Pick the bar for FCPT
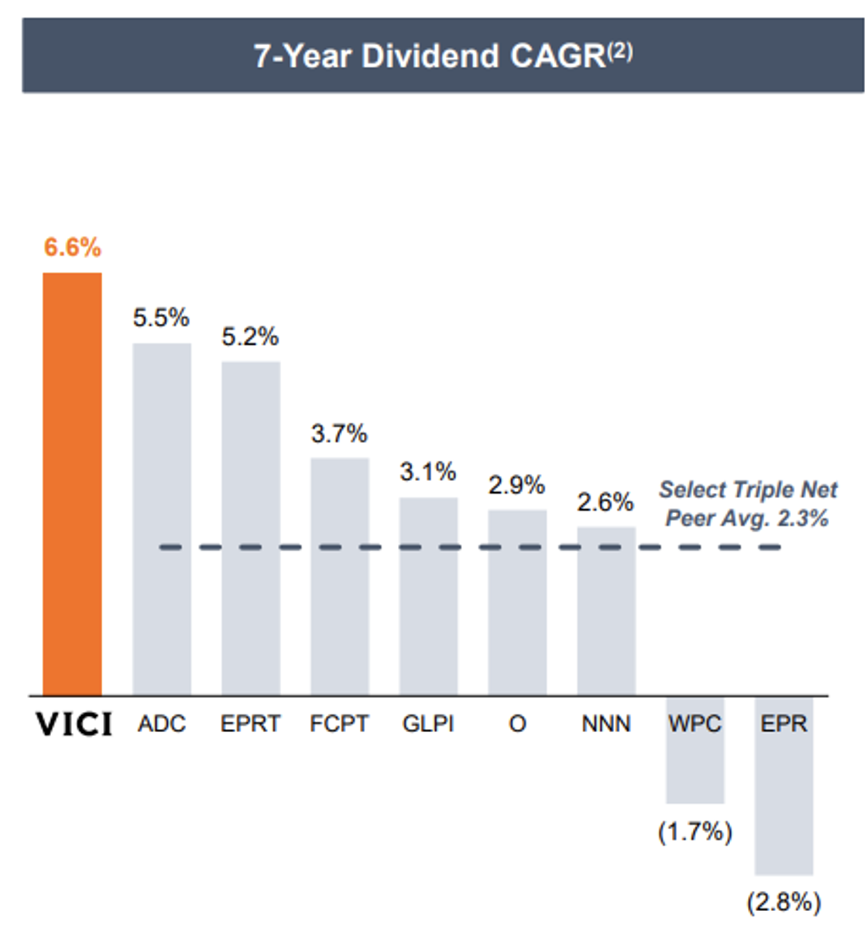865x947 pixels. point(340,576)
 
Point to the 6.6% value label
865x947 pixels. point(72,247)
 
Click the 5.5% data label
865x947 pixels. point(161,318)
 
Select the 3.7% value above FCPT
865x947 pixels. point(339,434)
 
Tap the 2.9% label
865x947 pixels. point(517,485)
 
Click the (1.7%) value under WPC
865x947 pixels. point(695,831)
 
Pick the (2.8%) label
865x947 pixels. point(784,902)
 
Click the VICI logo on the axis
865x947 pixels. point(74,723)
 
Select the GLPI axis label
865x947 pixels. point(428,723)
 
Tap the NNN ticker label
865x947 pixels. point(606,723)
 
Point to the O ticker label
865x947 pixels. point(517,723)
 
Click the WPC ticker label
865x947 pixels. point(694,723)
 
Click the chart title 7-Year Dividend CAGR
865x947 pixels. point(429,56)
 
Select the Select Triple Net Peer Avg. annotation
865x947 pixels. point(747,503)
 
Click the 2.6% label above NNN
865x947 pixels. point(605,502)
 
